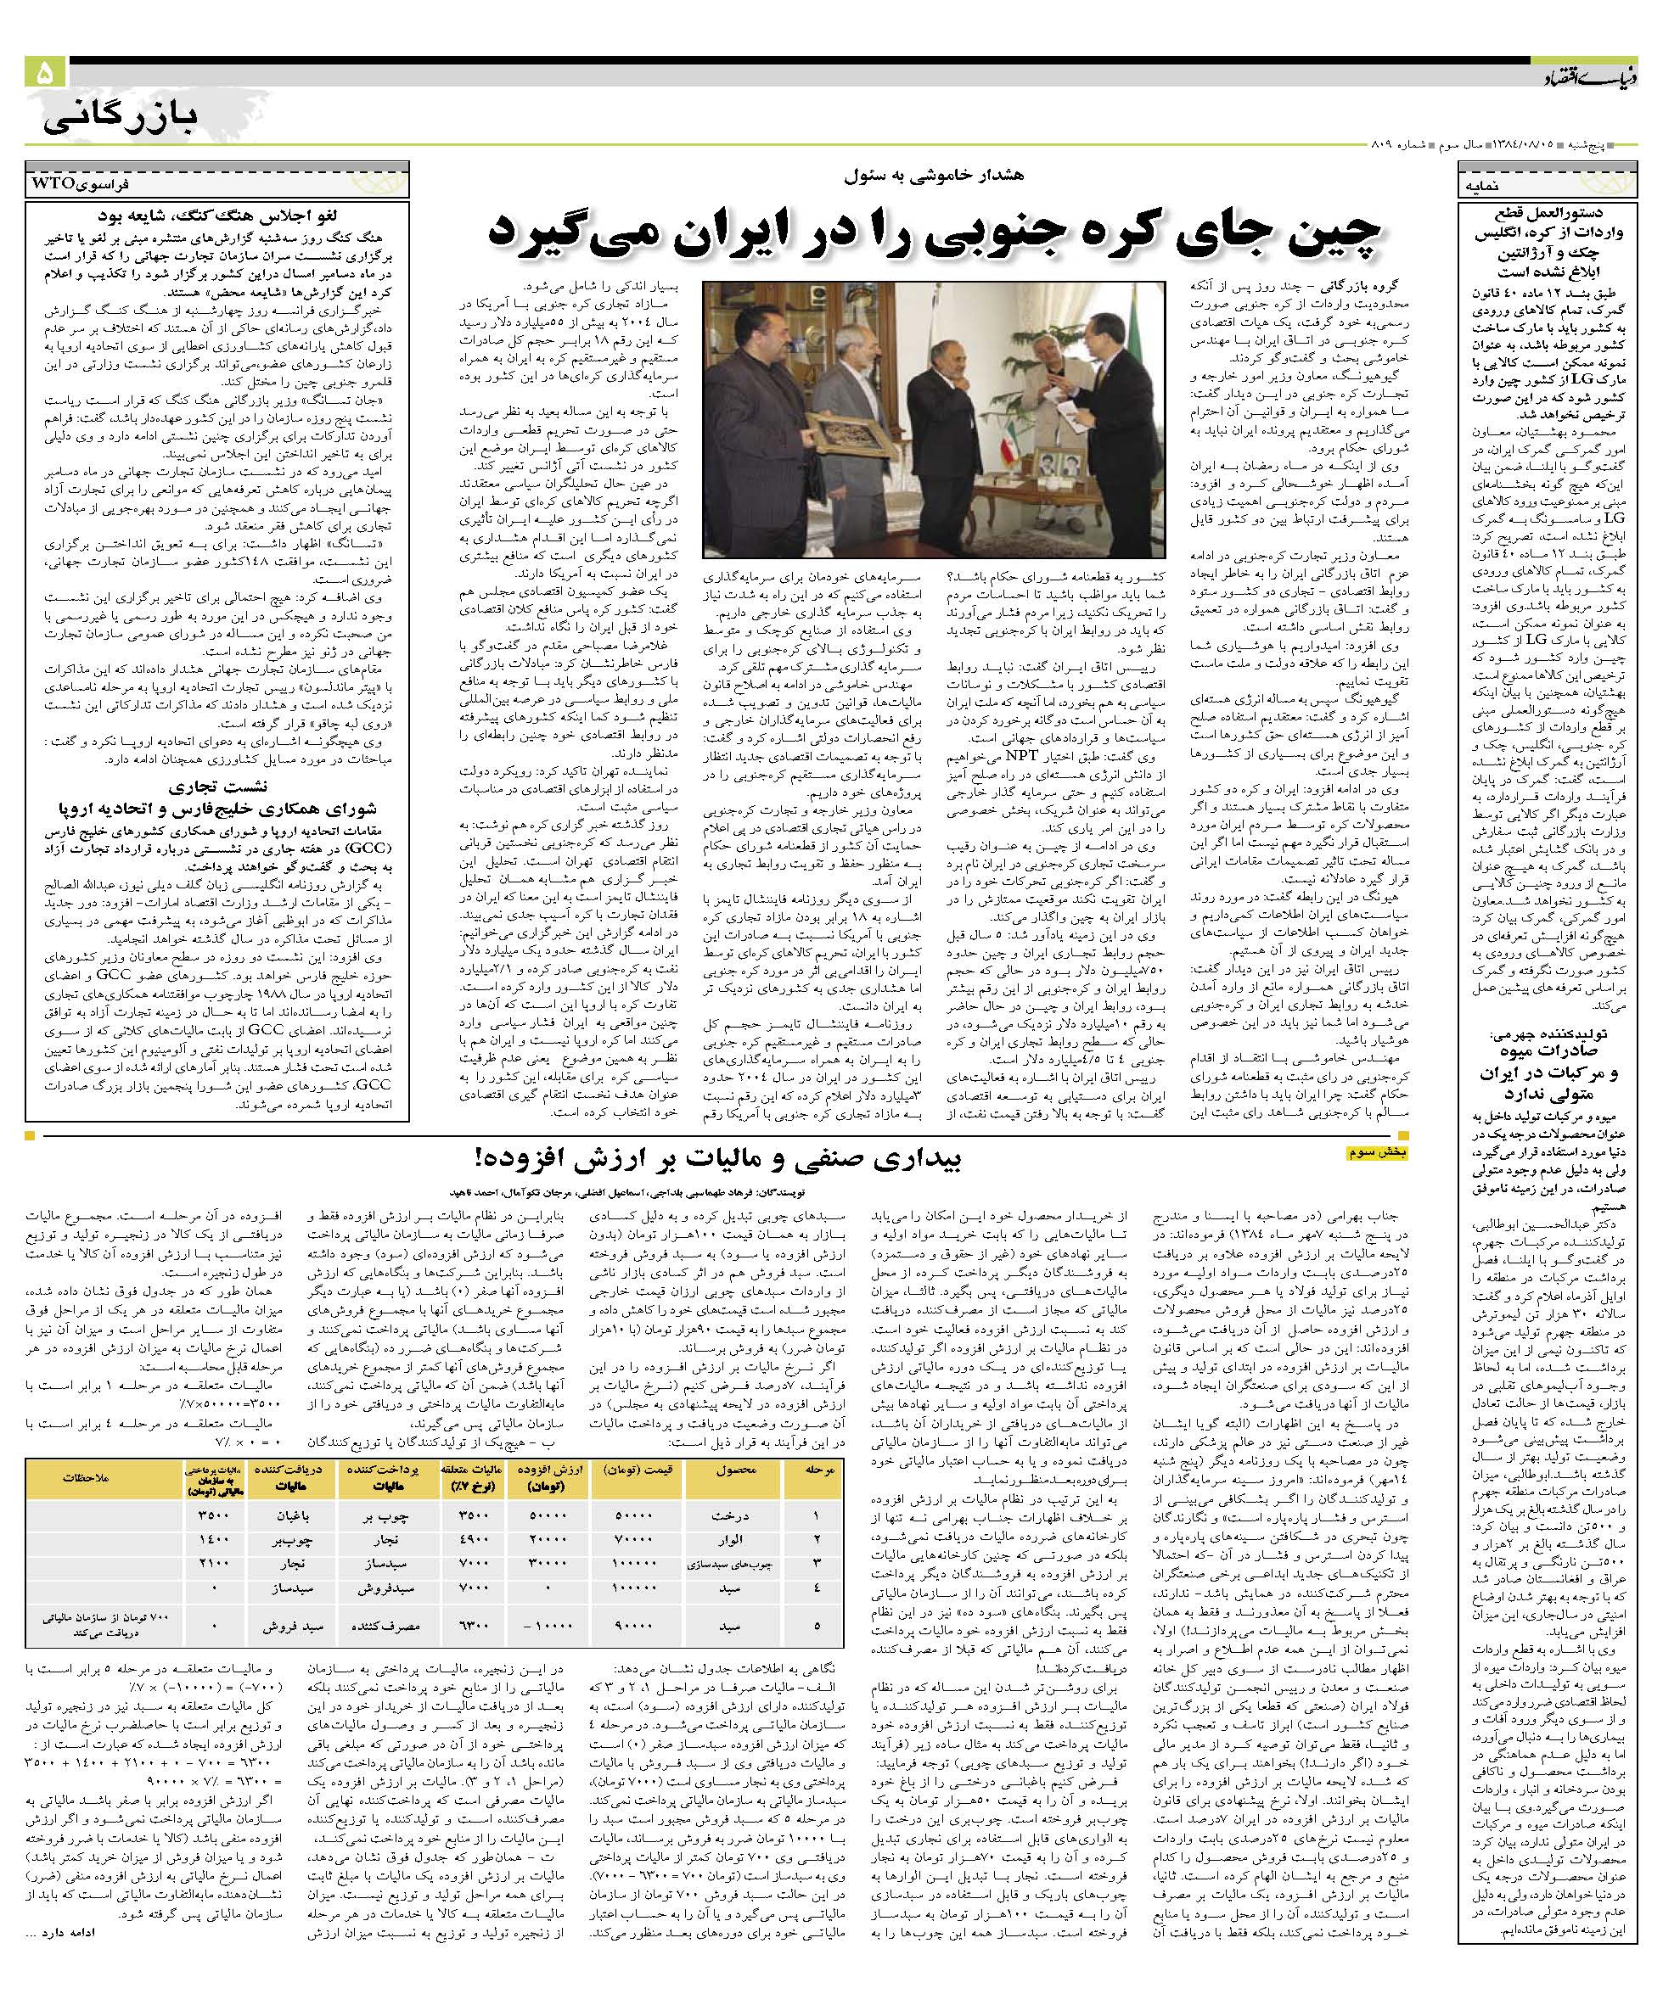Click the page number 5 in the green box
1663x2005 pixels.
45,74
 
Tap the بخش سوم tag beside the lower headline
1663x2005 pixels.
1378,1152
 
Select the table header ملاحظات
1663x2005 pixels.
87,1477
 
